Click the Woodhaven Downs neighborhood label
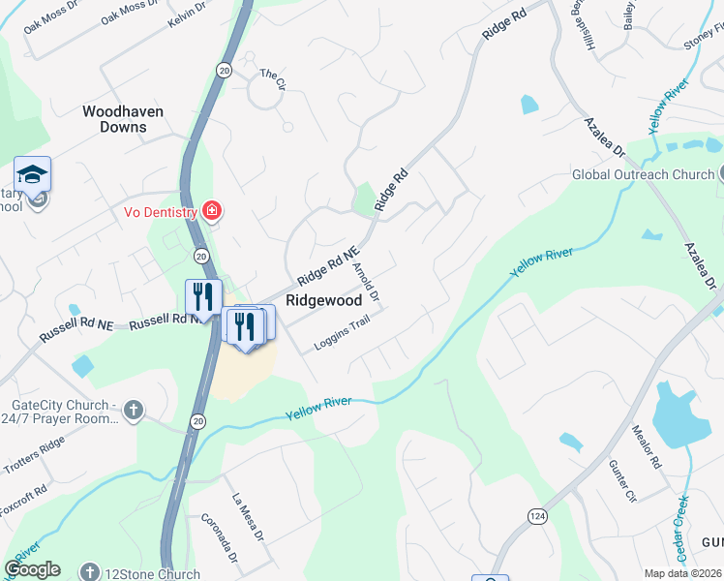(x=122, y=119)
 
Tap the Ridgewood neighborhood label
(x=323, y=301)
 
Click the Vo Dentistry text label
(x=160, y=211)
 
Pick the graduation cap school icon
(x=32, y=174)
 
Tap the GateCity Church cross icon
(x=134, y=411)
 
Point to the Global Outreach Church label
(x=643, y=175)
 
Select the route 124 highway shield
(x=536, y=516)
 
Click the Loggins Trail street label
(x=342, y=334)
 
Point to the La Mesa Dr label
(x=248, y=516)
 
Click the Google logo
(x=33, y=569)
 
